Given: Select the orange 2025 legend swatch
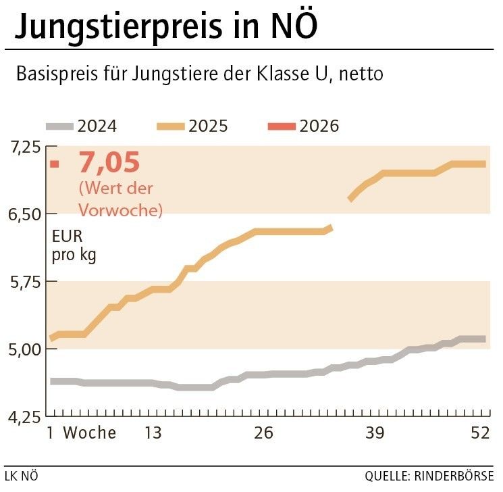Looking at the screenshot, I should (x=171, y=126).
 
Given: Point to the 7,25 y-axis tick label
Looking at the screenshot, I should (x=25, y=147).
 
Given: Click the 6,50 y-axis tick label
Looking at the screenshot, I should (x=25, y=214).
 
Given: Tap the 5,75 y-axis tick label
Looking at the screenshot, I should (x=25, y=282).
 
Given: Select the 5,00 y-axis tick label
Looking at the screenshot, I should (x=25, y=349).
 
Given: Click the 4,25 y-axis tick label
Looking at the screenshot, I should (x=25, y=417).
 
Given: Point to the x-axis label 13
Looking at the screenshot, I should (x=153, y=433).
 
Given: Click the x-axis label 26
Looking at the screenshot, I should (x=264, y=433).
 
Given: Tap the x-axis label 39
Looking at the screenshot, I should (x=375, y=433).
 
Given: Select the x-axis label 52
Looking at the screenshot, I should (x=480, y=433).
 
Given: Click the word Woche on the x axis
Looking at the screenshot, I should (x=90, y=433).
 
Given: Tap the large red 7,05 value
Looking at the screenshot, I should (x=109, y=163).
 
